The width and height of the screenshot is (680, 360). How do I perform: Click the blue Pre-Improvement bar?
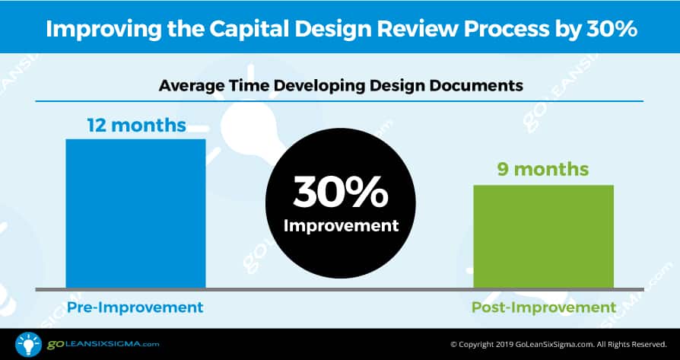[x=135, y=213]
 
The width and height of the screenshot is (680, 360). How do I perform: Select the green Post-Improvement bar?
[x=543, y=237]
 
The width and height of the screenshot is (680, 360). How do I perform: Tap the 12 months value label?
[x=137, y=126]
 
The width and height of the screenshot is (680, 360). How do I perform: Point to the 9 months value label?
[x=543, y=169]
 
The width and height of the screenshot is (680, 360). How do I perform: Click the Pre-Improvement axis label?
[x=135, y=307]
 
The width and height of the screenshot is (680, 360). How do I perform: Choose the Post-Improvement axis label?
[x=544, y=307]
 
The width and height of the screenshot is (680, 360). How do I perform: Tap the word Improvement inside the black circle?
[x=341, y=225]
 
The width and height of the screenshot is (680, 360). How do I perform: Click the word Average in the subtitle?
[x=185, y=86]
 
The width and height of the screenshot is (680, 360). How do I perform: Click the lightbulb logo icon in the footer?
[x=28, y=344]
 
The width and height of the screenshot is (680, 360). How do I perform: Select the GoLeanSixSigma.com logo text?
[x=103, y=345]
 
